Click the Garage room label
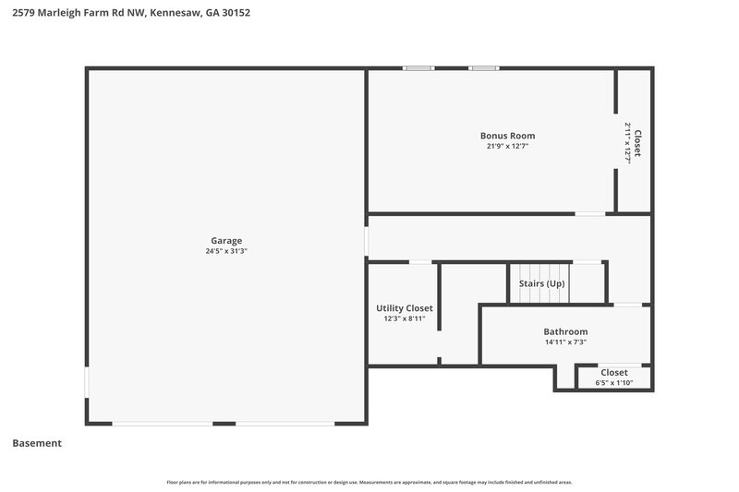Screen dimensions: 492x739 tap(226, 240)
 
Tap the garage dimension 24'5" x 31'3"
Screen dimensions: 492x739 tap(226, 251)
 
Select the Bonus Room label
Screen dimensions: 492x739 tap(507, 136)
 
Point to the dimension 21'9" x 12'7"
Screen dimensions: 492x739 tap(507, 146)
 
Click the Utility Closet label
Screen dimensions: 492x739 tap(404, 308)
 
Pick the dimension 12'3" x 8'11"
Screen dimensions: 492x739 tap(404, 318)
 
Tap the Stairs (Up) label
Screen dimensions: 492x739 tap(541, 283)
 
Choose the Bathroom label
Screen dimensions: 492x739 tap(565, 331)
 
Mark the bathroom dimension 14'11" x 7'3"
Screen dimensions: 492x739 tap(565, 342)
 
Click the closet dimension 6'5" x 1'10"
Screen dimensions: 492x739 tap(614, 383)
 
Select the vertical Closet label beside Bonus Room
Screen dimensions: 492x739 tap(637, 143)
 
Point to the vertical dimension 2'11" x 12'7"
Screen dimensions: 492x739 tap(627, 143)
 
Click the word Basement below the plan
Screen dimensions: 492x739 tap(37, 443)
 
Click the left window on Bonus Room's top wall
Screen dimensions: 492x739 tap(418, 67)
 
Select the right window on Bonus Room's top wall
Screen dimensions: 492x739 tap(483, 67)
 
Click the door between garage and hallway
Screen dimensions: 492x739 tap(367, 240)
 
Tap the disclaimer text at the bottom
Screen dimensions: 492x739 tap(369, 482)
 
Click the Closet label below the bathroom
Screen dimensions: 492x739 tap(614, 373)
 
